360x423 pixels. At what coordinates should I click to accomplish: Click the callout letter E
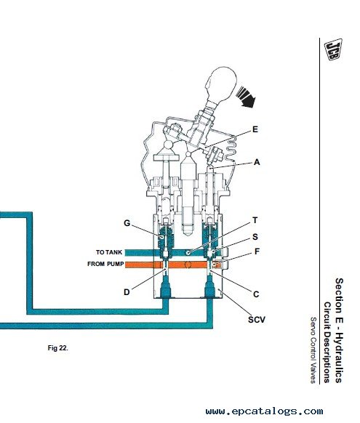[x=255, y=129]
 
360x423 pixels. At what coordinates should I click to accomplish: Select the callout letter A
[x=257, y=162]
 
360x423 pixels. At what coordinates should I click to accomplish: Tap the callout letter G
[x=127, y=223]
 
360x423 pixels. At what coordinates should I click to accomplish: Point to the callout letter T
[x=255, y=220]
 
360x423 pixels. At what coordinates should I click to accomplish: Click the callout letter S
[x=255, y=237]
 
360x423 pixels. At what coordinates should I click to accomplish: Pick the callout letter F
[x=257, y=251]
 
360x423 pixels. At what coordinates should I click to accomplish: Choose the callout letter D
[x=127, y=292]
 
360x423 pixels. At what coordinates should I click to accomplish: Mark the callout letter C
[x=256, y=294]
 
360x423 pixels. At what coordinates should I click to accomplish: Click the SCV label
[x=257, y=320]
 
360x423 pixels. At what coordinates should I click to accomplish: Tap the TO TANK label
[x=109, y=252]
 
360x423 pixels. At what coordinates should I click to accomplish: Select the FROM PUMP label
[x=105, y=264]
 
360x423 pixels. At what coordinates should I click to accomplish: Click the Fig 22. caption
[x=58, y=348]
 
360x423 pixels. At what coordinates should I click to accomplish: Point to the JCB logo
[x=334, y=49]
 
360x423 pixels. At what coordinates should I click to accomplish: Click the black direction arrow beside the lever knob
[x=246, y=97]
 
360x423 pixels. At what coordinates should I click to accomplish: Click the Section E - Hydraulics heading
[x=339, y=331]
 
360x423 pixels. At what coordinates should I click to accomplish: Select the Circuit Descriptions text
[x=327, y=342]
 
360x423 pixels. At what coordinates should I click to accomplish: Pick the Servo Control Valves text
[x=313, y=350]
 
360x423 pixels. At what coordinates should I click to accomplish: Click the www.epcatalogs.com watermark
[x=264, y=411]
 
